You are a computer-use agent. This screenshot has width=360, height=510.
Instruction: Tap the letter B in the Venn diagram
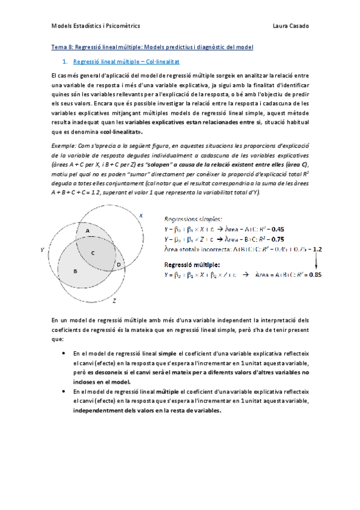75,271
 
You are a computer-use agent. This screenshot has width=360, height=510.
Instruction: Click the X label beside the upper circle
141,215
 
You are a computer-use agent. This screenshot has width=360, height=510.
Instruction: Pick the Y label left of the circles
42,248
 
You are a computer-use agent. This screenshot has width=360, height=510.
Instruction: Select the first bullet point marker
64,354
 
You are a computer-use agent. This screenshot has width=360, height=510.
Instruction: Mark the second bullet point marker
64,392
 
